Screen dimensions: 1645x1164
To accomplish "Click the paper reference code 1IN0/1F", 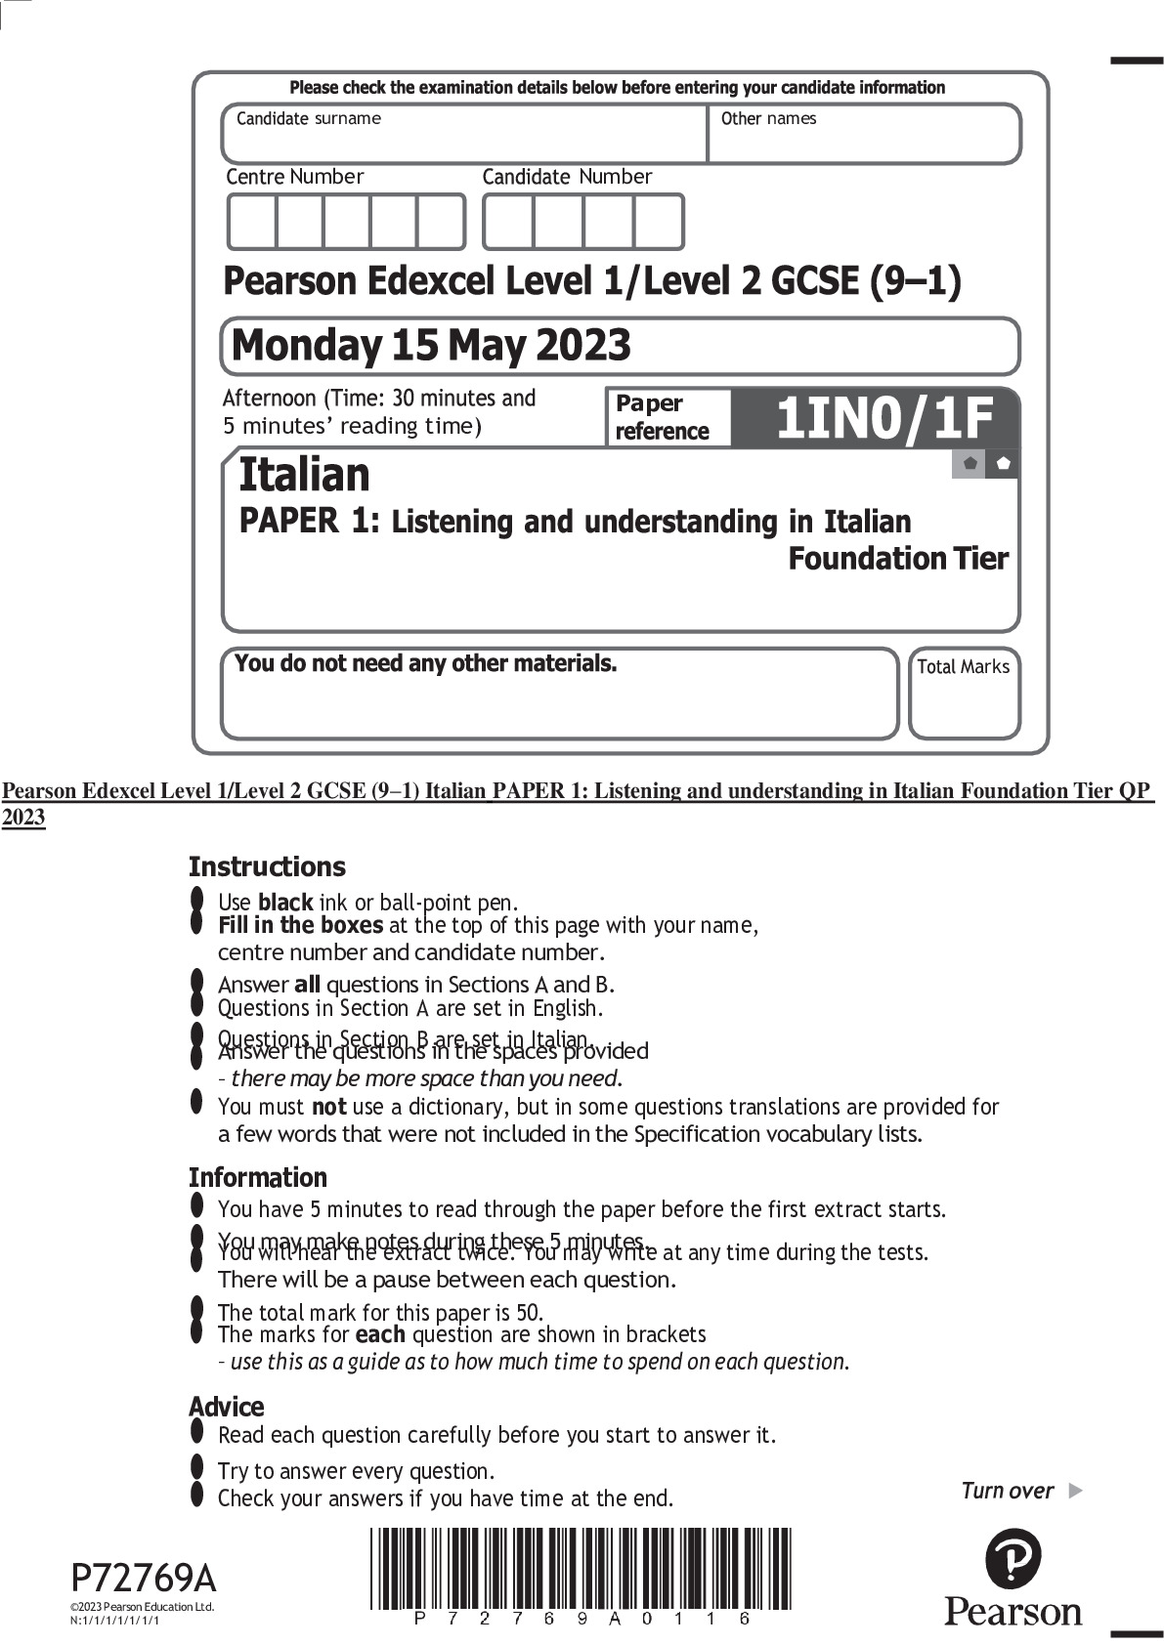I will (x=884, y=418).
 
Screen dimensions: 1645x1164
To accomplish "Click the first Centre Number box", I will (x=252, y=222).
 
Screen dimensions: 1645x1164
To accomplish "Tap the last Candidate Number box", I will (x=658, y=222).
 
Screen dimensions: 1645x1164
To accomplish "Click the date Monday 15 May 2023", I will (x=431, y=345).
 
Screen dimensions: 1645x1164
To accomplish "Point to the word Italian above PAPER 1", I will (x=304, y=475).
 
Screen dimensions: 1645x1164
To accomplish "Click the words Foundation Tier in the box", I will (x=897, y=559).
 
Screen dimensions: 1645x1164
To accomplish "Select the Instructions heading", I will (x=267, y=866).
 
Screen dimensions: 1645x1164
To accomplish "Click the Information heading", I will (x=257, y=1177).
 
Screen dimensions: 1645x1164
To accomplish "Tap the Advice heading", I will (x=226, y=1407).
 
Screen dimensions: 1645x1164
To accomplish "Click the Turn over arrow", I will (x=1075, y=1491).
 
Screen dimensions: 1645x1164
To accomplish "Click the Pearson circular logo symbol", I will (x=1013, y=1559).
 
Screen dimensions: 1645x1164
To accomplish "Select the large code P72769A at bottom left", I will (x=144, y=1579).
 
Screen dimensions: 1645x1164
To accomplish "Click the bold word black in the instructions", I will (x=284, y=903).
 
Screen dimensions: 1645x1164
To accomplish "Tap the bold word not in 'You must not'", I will (x=328, y=1107).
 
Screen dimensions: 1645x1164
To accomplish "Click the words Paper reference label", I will (x=662, y=418).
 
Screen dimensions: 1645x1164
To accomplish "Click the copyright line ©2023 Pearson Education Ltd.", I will (x=142, y=1607).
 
